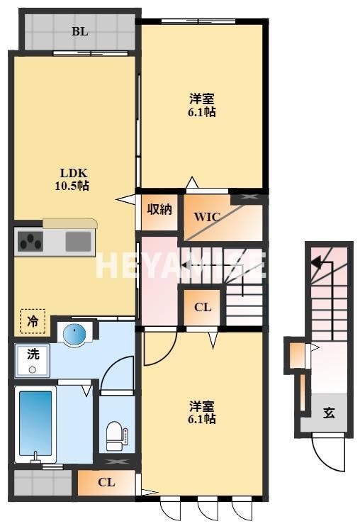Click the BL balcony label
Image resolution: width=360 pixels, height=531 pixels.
[80, 31]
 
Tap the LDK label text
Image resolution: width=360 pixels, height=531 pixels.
[74, 174]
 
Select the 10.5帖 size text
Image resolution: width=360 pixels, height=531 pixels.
[72, 186]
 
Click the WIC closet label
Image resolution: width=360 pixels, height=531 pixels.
[207, 217]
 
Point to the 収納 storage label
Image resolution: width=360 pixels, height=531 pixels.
[159, 210]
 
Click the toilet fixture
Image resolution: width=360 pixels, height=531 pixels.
[117, 436]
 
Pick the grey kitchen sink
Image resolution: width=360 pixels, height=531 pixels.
[78, 242]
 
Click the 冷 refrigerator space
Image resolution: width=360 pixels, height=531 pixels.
[33, 321]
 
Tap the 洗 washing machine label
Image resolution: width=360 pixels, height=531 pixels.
[33, 354]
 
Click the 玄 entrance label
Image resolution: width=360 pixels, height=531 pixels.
[329, 413]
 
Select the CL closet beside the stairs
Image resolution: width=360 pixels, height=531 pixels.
[203, 307]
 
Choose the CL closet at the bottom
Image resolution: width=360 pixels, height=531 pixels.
[106, 482]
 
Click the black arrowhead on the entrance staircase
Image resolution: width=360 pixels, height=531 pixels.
[317, 262]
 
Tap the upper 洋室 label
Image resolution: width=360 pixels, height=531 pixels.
[202, 99]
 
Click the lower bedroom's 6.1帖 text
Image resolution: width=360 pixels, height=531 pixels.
[202, 419]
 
